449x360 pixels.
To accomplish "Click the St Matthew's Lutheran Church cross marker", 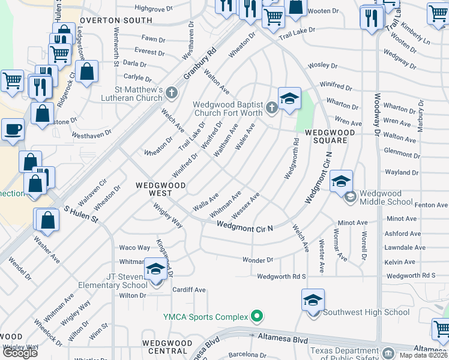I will click(x=172, y=92).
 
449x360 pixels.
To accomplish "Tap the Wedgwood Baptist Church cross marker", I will click(x=271, y=108).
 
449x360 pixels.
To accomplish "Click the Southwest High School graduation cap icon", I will click(x=313, y=300).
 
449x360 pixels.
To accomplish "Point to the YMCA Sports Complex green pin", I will click(x=258, y=316).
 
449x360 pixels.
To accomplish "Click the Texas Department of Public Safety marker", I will click(x=387, y=352).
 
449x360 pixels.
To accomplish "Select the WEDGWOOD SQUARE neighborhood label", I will click(x=327, y=136).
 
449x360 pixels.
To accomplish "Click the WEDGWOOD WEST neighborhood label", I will click(x=159, y=190).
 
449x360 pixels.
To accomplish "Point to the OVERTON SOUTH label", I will click(x=116, y=20).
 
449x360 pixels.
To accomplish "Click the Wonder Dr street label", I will click(x=258, y=260).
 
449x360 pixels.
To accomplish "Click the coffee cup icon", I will click(x=13, y=129).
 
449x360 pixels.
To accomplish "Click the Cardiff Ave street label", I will click(x=189, y=290).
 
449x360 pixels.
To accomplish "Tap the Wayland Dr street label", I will click(x=402, y=173).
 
